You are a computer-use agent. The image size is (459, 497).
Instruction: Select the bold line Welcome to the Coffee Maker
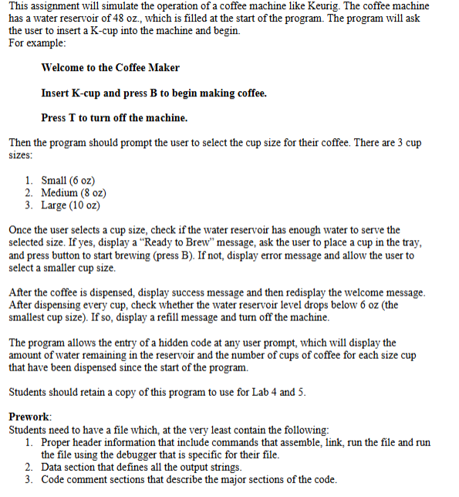(110, 68)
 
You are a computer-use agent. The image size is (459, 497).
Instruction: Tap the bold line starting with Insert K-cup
(154, 93)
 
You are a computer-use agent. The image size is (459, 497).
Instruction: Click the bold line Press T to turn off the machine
(114, 118)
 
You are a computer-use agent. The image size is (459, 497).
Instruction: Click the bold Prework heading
(29, 417)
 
